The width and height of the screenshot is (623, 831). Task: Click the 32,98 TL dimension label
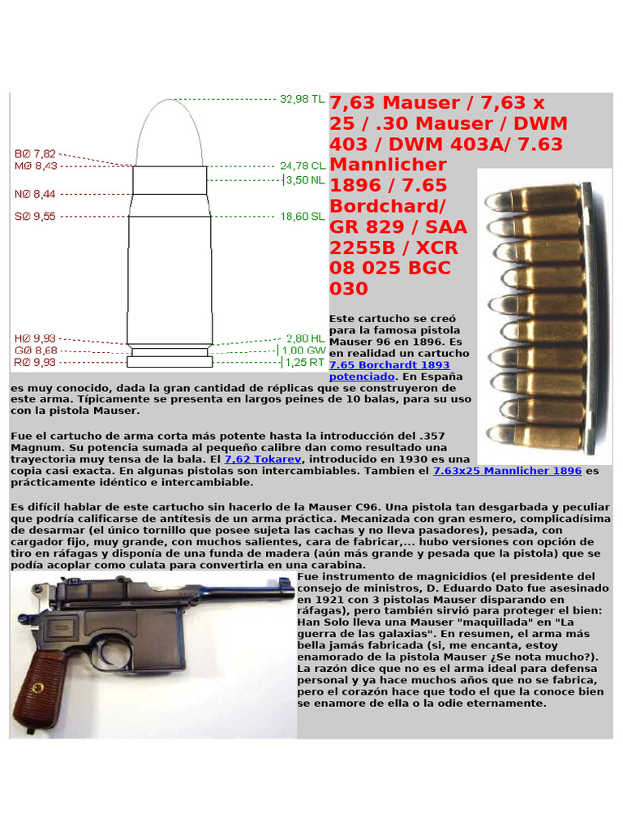click(x=302, y=99)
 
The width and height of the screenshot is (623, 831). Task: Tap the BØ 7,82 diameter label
click(x=35, y=153)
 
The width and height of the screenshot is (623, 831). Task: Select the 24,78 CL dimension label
click(x=302, y=166)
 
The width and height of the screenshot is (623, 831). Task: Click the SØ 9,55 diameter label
click(x=35, y=217)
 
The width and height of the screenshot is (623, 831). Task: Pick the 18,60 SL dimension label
click(x=302, y=217)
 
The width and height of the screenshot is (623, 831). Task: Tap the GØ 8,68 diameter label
click(x=35, y=351)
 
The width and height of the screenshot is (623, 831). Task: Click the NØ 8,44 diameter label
click(x=35, y=194)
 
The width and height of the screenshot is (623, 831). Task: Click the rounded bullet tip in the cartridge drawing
click(x=170, y=114)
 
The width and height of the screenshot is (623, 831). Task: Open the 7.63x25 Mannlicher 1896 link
click(x=507, y=471)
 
